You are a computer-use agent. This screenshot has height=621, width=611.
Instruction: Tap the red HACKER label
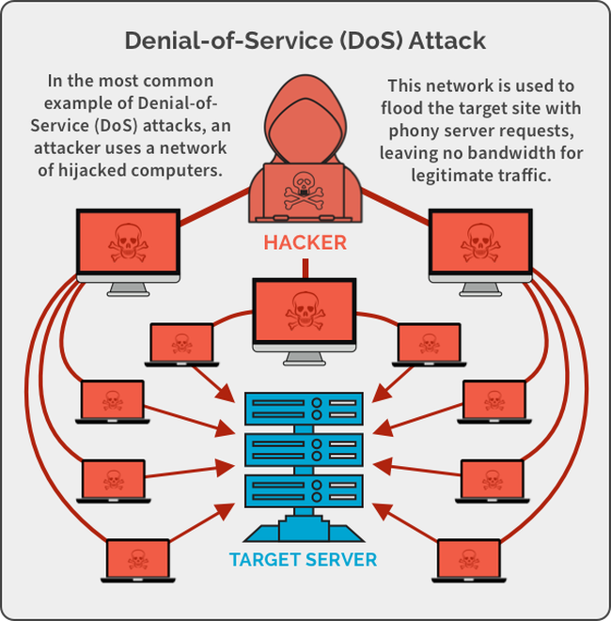coord(305,242)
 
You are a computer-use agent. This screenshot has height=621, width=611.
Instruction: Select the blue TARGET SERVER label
coord(303,560)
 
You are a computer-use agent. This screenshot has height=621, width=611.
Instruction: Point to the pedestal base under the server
coord(304,532)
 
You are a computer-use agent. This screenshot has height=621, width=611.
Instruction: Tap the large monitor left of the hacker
coord(127,242)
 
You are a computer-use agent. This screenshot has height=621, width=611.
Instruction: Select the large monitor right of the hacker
coord(480,242)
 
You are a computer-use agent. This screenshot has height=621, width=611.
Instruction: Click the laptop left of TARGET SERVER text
coord(138,559)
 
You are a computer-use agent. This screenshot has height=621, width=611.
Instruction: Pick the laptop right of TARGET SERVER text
coord(467,559)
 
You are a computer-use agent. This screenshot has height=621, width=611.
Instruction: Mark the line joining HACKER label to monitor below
coord(304,267)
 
